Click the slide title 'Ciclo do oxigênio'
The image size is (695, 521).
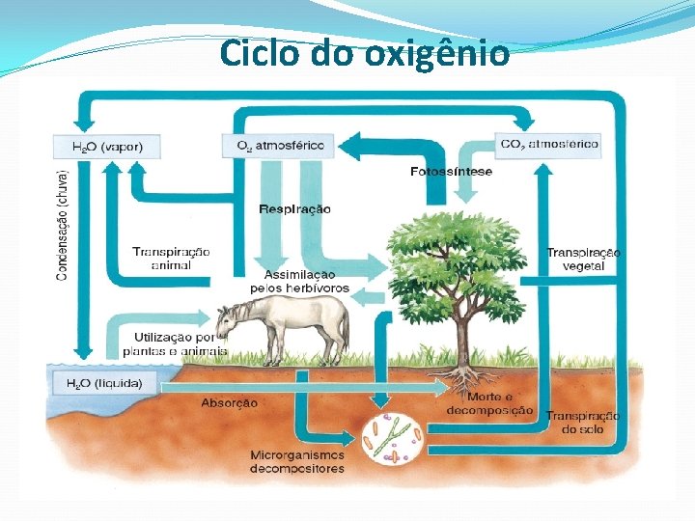pos(364,53)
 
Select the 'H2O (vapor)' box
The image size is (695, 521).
pos(106,147)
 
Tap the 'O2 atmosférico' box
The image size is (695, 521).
pos(279,146)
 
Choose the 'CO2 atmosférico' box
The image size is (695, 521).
pos(549,145)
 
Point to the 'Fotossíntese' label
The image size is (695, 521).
pos(451,172)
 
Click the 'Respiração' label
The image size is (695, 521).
pos(294,208)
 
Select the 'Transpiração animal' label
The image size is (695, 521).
pos(170,258)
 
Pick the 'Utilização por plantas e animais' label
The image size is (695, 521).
pos(175,344)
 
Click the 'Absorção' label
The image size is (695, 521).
pos(229,402)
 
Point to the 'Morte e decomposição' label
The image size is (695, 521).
pos(489,403)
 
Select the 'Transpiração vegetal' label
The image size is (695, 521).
pos(582,259)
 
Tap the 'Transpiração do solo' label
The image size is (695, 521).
pos(582,422)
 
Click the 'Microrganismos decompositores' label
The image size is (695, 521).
pos(296,461)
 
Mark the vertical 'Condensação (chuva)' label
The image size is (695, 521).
pos(62,226)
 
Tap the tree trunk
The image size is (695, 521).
pos(462,333)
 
